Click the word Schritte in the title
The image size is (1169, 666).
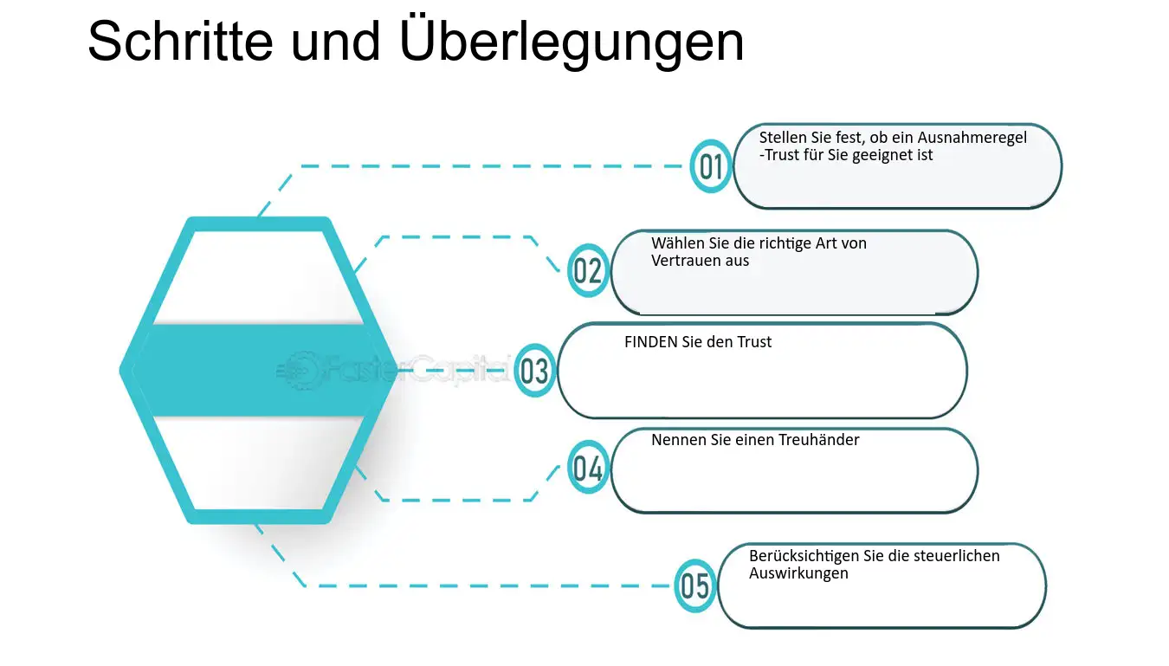(x=180, y=41)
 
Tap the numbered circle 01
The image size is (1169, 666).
(x=710, y=166)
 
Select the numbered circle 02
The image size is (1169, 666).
(x=588, y=270)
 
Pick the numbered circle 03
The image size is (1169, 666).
(x=534, y=371)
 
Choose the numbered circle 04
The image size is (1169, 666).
(x=588, y=467)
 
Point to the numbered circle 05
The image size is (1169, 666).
(x=694, y=585)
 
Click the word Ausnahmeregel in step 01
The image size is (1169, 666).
(x=972, y=138)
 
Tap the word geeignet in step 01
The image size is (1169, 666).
(x=882, y=156)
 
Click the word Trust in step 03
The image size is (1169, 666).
(x=754, y=342)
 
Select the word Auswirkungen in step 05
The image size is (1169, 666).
(x=798, y=573)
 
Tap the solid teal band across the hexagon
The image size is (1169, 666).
(x=258, y=371)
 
